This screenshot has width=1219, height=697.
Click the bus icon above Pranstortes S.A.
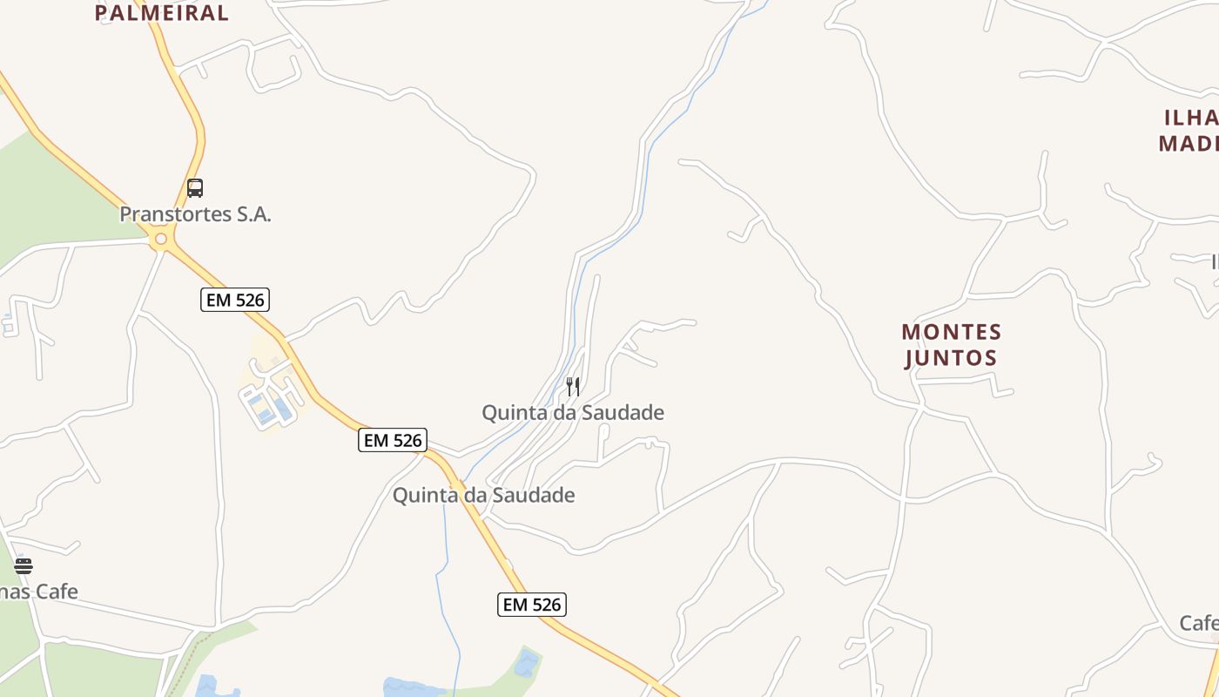[x=195, y=187]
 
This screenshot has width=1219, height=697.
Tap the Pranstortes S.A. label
[x=195, y=214]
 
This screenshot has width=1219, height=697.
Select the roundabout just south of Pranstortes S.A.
[x=160, y=238]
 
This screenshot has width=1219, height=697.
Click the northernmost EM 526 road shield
[x=235, y=300]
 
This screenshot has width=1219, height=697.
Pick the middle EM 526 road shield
[x=393, y=440]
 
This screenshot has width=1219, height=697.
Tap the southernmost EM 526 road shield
[x=532, y=604]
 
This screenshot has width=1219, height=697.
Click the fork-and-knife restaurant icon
[x=573, y=386]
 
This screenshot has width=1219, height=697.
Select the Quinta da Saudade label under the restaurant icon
[x=573, y=412]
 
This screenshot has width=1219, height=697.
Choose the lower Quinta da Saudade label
[x=483, y=495]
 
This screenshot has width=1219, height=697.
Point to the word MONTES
[x=952, y=332]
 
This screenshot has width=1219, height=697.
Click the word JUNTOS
[x=951, y=357]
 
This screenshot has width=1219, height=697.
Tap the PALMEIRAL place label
[x=161, y=13]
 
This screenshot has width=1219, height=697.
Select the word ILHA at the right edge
[x=1190, y=118]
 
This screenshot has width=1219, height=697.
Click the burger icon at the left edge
[x=23, y=566]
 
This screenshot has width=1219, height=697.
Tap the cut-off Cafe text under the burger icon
[x=39, y=592]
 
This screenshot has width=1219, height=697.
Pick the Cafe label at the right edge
[x=1199, y=623]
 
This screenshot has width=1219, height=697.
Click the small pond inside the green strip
[x=527, y=663]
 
